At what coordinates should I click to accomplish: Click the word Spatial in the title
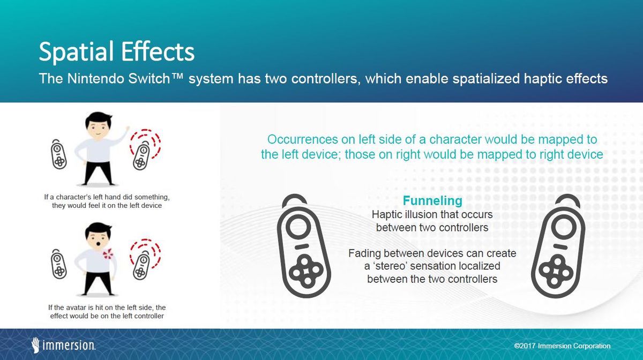pos(77,52)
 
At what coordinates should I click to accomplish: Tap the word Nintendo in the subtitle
pos(96,78)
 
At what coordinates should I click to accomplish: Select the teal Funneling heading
pos(432,201)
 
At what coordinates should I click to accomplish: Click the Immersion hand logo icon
pos(35,345)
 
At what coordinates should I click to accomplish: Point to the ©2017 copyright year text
pos(525,346)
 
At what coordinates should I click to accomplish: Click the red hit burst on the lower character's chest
pos(108,254)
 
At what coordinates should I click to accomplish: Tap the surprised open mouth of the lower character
pos(99,244)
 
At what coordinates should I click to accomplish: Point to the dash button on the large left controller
pos(301,246)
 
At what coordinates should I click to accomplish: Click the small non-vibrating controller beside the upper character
pos(58,154)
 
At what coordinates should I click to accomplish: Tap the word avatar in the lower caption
pos(76,307)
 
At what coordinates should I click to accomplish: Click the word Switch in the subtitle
pos(149,78)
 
